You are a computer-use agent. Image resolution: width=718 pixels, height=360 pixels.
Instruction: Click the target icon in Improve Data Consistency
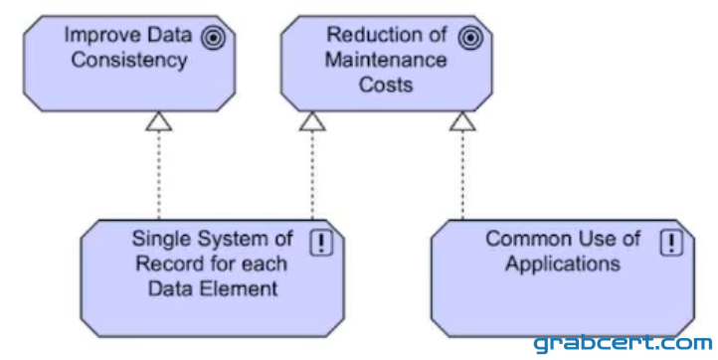(x=213, y=38)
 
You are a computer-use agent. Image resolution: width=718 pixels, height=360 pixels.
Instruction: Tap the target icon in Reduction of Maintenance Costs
(x=470, y=38)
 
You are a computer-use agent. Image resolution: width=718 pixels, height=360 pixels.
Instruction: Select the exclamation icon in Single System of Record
(x=321, y=243)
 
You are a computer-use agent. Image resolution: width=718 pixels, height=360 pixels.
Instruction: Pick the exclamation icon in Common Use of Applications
(x=671, y=243)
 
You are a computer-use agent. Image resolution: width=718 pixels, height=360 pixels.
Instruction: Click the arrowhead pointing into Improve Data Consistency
(x=159, y=121)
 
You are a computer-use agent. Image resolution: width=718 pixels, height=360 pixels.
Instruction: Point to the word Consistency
(x=129, y=61)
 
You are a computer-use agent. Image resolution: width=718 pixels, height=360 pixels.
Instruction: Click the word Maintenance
(x=386, y=61)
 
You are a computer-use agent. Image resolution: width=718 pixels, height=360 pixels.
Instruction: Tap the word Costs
(x=386, y=86)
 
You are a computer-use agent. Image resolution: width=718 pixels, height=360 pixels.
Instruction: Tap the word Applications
(x=563, y=265)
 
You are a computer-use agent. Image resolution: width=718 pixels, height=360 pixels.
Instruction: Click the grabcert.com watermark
(x=623, y=343)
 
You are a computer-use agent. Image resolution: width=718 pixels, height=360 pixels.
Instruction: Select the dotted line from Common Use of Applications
(x=462, y=175)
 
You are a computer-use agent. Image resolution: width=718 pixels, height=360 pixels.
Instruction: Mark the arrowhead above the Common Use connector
(x=462, y=121)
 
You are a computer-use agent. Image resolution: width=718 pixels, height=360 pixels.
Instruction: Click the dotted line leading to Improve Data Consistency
(x=159, y=175)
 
